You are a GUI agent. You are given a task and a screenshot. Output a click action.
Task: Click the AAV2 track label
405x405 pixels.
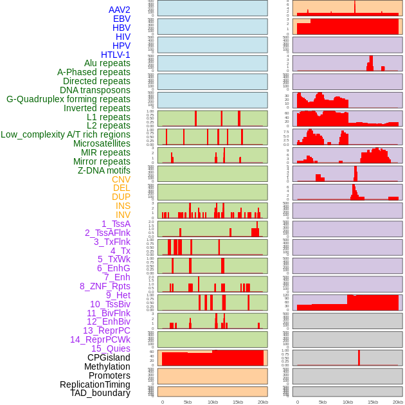(119, 10)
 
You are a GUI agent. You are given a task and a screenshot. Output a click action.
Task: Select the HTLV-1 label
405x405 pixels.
(115, 55)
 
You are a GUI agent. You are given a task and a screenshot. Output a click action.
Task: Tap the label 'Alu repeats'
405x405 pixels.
(107, 64)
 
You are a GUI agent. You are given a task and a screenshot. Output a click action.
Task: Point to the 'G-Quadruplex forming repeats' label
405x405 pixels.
(68, 99)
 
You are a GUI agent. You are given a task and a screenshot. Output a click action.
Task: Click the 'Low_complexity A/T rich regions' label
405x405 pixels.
(66, 134)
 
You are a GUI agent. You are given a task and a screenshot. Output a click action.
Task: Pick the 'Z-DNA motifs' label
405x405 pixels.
(104, 170)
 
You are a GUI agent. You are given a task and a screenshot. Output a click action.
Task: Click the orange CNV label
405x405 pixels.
(121, 179)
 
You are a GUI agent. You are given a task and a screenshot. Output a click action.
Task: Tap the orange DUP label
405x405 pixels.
(121, 197)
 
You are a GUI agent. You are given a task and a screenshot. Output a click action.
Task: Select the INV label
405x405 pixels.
(123, 215)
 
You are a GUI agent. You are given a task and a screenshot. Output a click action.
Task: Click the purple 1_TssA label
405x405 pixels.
(116, 224)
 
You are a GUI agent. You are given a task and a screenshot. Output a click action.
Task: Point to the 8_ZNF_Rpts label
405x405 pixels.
(105, 286)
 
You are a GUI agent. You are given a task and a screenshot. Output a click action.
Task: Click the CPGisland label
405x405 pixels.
(109, 357)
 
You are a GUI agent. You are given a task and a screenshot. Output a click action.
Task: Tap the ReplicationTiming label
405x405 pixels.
(94, 384)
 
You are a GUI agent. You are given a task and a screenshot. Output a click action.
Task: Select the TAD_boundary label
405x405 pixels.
(100, 393)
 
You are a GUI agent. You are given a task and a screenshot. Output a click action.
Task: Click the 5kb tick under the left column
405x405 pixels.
(188, 402)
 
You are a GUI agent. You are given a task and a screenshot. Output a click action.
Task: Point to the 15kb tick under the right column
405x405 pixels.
(373, 402)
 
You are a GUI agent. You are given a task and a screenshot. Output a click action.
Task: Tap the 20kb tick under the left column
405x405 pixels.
(263, 402)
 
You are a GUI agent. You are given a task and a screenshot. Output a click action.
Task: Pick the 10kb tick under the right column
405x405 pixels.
(348, 402)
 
